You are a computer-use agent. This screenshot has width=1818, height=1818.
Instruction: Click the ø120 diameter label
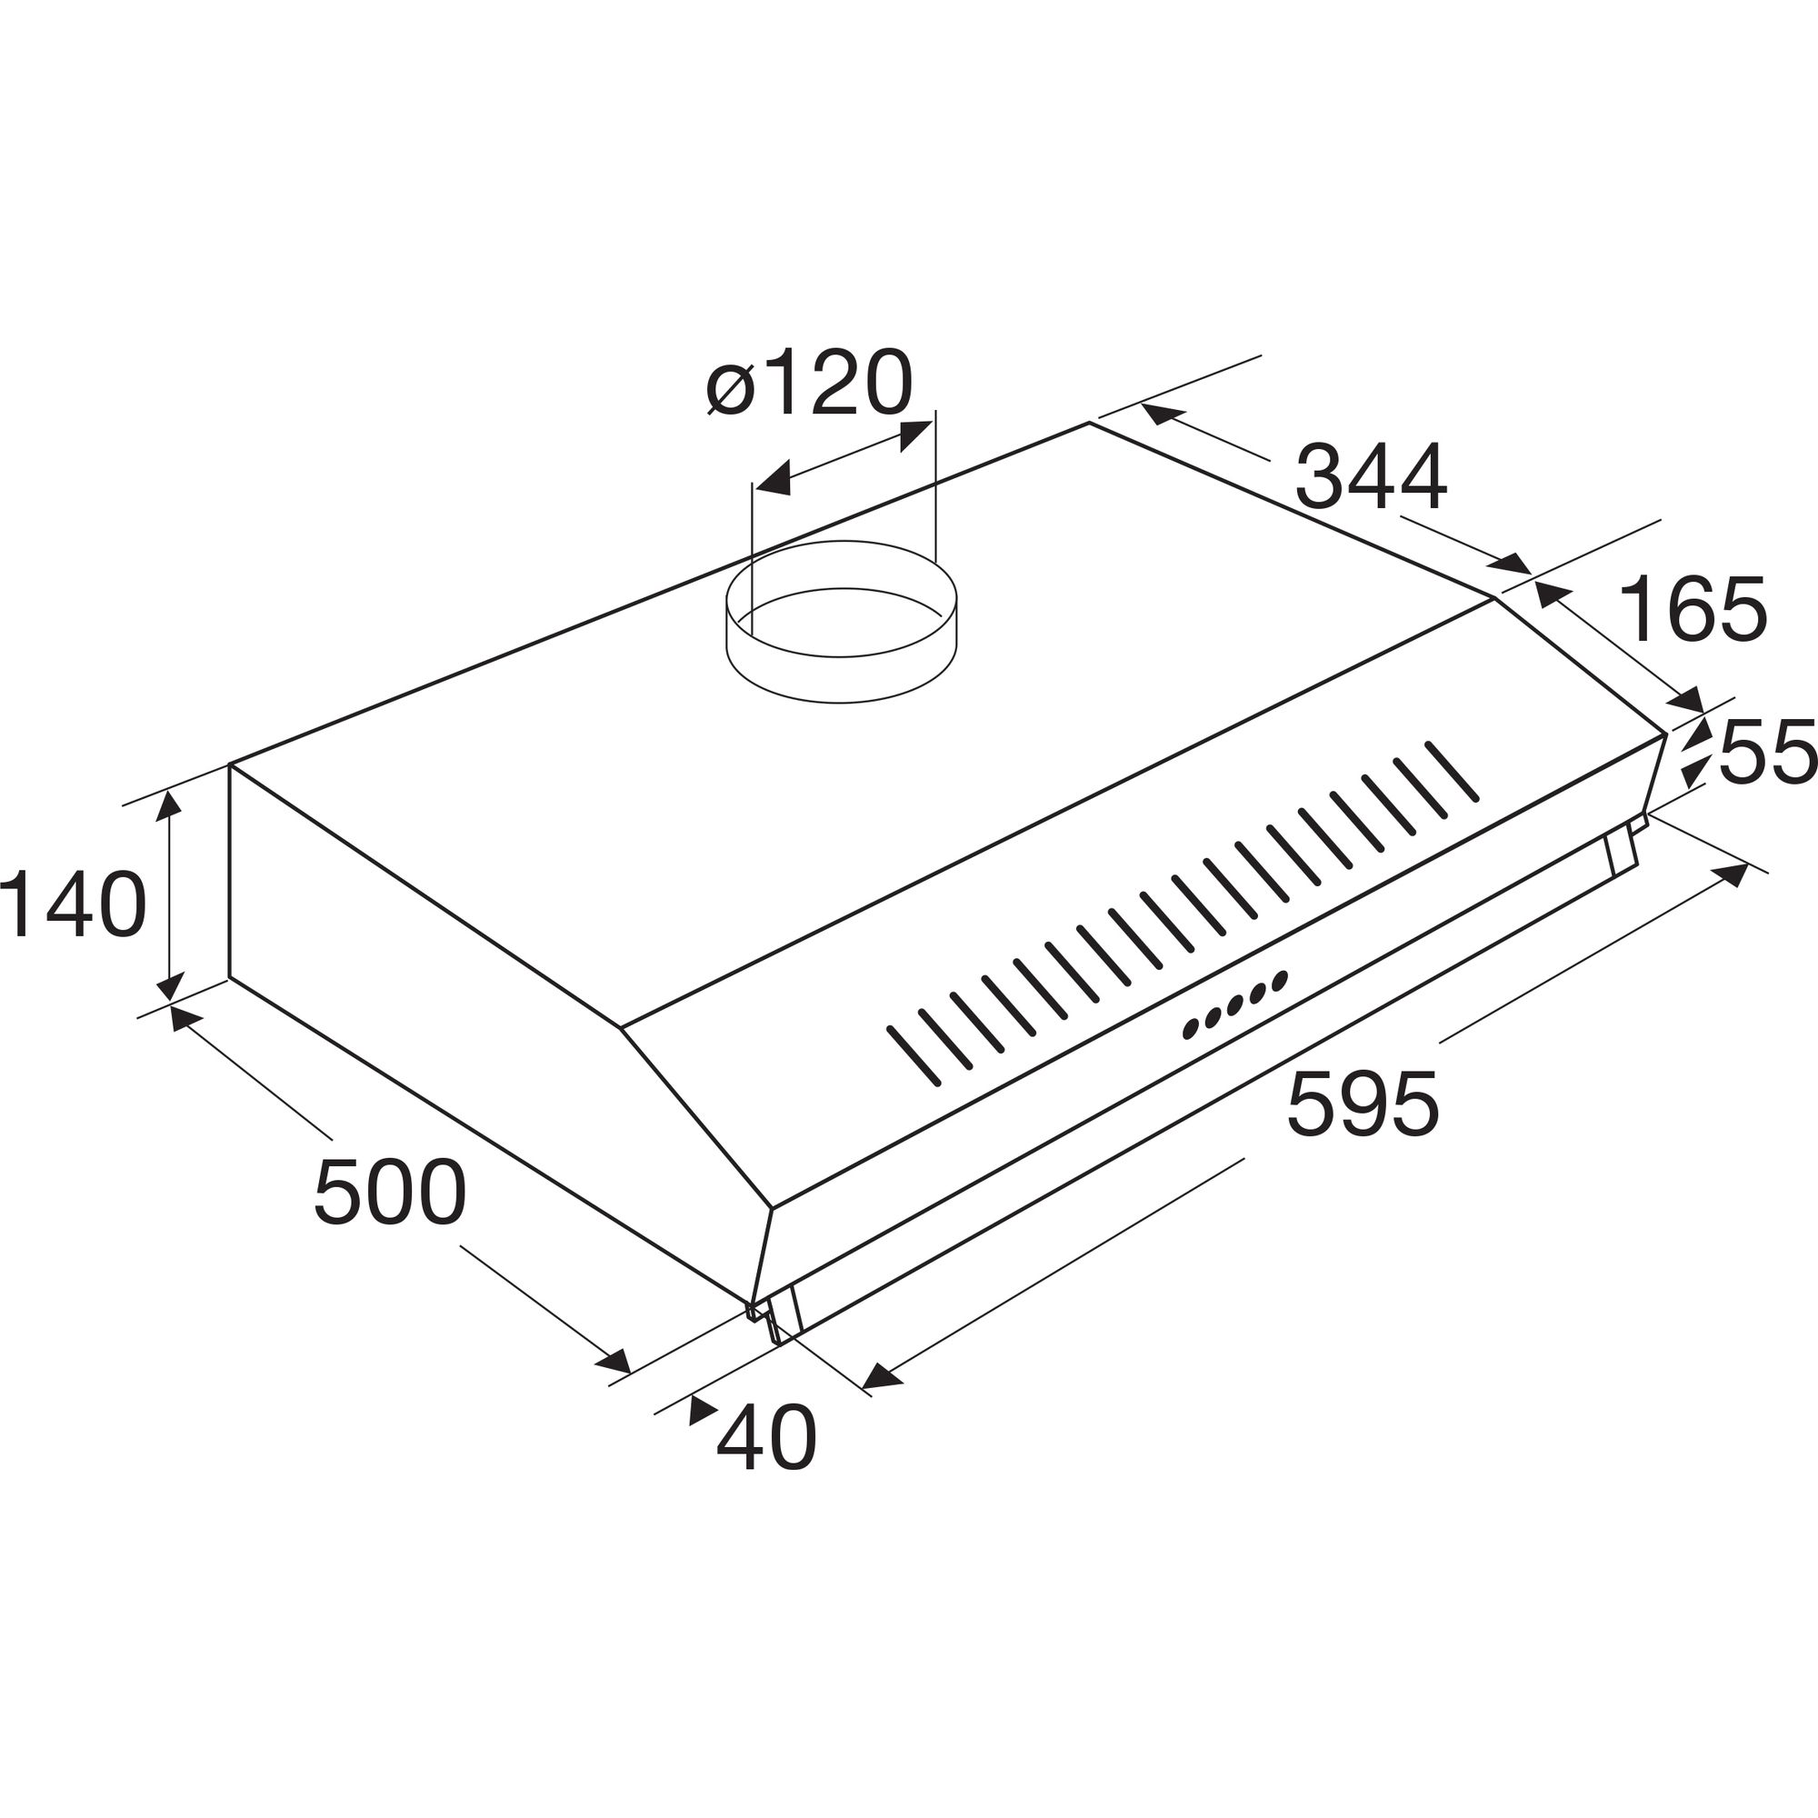click(x=809, y=383)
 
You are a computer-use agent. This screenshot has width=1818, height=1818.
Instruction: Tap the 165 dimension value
click(x=1693, y=609)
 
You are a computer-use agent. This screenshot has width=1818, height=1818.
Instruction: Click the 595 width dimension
click(x=1363, y=1104)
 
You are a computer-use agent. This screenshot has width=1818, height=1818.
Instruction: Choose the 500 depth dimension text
click(x=390, y=1193)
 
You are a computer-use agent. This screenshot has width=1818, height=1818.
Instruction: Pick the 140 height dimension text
click(x=74, y=904)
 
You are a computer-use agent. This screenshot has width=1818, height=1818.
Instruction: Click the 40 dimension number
click(x=766, y=1438)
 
